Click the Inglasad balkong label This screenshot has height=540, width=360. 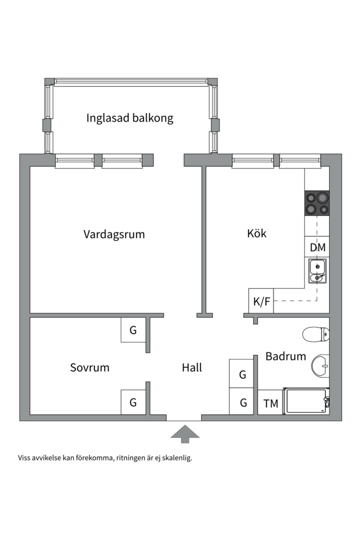pyautogui.click(x=129, y=118)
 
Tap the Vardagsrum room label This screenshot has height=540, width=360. pyautogui.click(x=114, y=234)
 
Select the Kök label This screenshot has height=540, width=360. pyautogui.click(x=256, y=233)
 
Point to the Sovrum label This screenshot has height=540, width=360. pyautogui.click(x=89, y=368)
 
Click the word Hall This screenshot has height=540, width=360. pyautogui.click(x=192, y=368)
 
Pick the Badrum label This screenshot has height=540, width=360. pyautogui.click(x=285, y=356)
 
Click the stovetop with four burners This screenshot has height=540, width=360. pyautogui.click(x=317, y=203)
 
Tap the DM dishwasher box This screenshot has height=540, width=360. pyautogui.click(x=317, y=247)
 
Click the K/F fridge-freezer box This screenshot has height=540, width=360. pyautogui.click(x=261, y=301)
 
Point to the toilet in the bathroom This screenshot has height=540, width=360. pyautogui.click(x=316, y=333)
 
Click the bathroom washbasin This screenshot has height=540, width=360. pyautogui.click(x=321, y=366)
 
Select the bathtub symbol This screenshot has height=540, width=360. pyautogui.click(x=306, y=401)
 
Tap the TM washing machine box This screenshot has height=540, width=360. pyautogui.click(x=270, y=403)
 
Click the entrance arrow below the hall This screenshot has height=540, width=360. pyautogui.click(x=185, y=433)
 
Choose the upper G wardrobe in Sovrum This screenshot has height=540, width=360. pyautogui.click(x=133, y=330)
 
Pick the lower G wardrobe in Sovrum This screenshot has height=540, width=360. pyautogui.click(x=133, y=402)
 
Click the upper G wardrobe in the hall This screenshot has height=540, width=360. pyautogui.click(x=242, y=374)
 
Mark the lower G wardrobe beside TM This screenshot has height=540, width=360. pyautogui.click(x=242, y=402)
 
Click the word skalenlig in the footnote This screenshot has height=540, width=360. pyautogui.click(x=176, y=457)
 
